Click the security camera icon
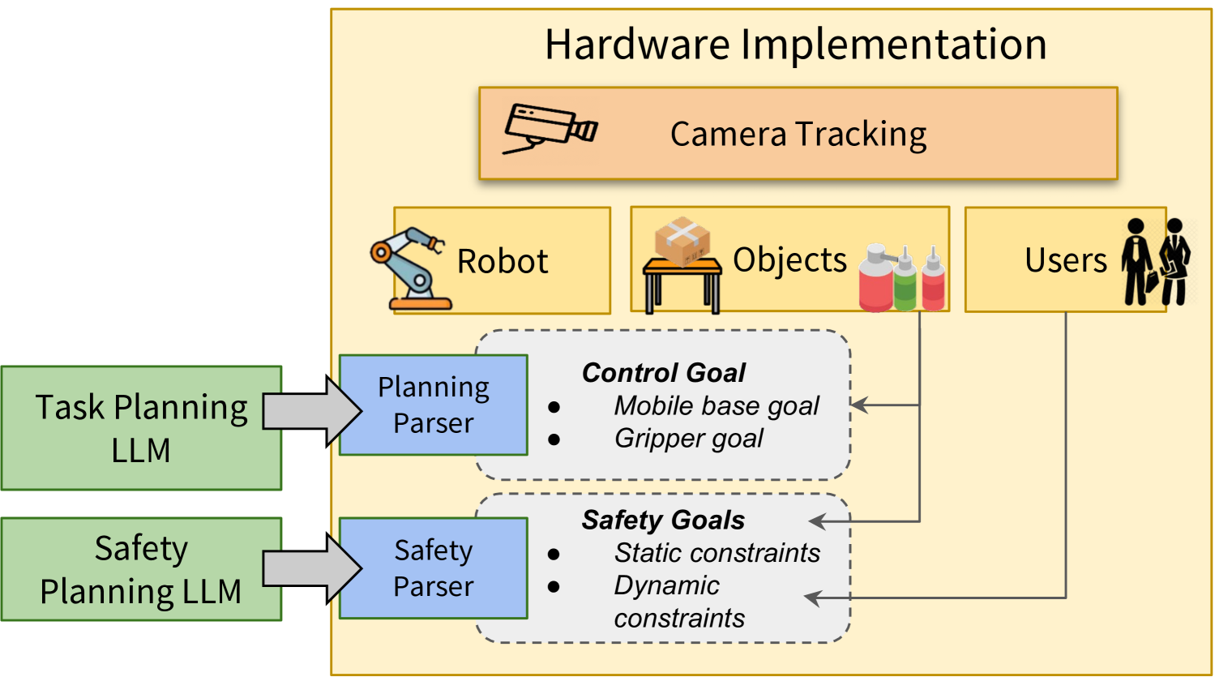point(550,128)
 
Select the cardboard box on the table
point(682,241)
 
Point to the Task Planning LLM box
point(141,428)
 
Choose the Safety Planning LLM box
point(141,569)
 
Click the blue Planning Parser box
point(433,405)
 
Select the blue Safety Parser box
point(433,568)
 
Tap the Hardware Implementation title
point(795,45)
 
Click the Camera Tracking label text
point(798,135)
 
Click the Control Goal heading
point(663,373)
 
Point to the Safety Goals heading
point(663,521)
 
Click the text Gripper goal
point(688,439)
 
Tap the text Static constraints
point(717,553)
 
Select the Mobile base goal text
point(717,405)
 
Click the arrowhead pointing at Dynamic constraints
point(813,598)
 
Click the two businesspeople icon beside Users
point(1156,261)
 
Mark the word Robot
point(503,262)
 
